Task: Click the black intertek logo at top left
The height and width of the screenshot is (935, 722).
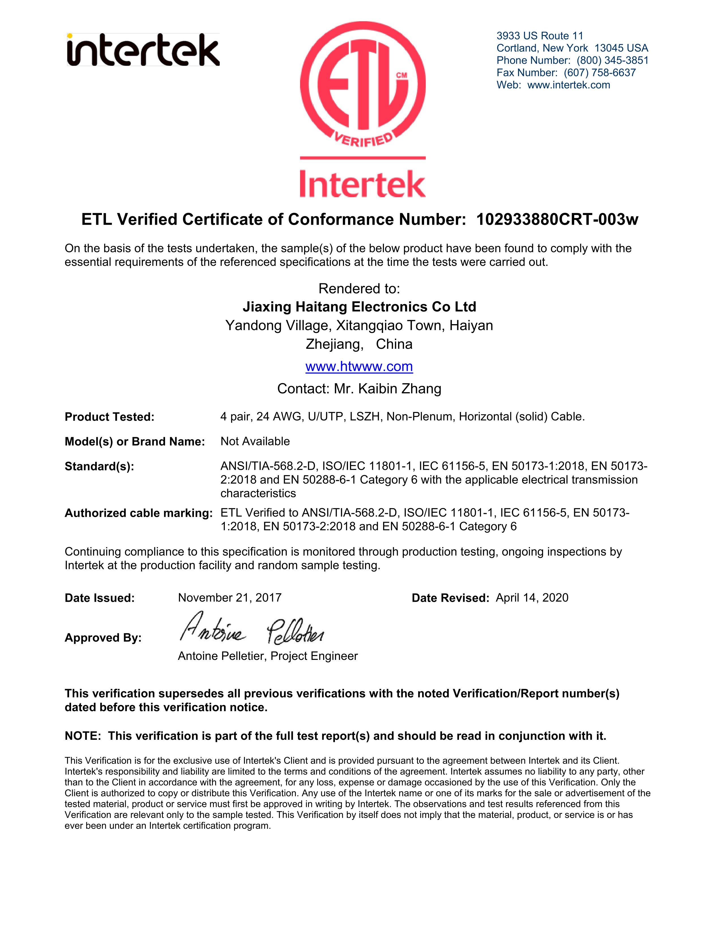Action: tap(143, 50)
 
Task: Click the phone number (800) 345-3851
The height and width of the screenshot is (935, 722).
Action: tap(612, 60)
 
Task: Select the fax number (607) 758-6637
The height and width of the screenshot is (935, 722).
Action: tap(600, 73)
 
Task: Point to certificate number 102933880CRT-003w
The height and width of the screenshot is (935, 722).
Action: tap(557, 220)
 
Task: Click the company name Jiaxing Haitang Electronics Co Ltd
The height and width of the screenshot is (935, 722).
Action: tap(359, 307)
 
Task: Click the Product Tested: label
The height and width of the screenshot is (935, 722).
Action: tap(110, 417)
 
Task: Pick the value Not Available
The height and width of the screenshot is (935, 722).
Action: tap(255, 441)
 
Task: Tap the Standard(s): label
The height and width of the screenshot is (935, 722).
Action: tap(99, 466)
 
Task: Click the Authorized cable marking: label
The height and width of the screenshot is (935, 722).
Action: tap(138, 513)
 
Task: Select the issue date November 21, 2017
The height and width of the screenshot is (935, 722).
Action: tap(230, 598)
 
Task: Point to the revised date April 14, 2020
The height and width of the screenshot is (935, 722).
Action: tap(532, 598)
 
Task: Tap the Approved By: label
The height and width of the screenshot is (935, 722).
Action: tap(103, 638)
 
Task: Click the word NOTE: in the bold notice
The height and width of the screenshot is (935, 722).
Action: tap(83, 736)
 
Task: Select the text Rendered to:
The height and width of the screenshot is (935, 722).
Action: tap(359, 288)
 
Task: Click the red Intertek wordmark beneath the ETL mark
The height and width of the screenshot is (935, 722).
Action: tap(363, 184)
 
